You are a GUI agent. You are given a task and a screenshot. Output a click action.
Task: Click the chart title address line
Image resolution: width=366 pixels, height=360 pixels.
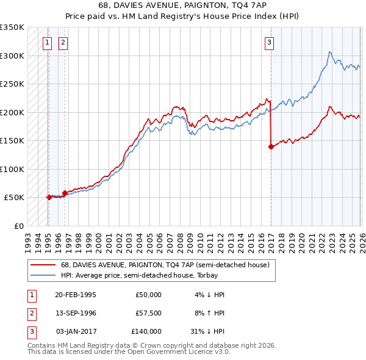[182, 5]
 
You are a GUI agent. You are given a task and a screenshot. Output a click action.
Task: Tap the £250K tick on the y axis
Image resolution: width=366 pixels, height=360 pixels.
[12, 84]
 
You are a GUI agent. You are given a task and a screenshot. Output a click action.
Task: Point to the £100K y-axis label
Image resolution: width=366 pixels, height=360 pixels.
[12, 169]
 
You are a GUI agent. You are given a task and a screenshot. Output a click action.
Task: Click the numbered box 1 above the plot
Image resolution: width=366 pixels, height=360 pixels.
[48, 42]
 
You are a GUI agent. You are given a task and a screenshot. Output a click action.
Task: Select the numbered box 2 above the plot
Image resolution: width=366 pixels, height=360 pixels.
[63, 42]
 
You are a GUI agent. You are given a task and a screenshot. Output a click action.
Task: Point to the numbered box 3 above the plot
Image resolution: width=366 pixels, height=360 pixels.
[270, 42]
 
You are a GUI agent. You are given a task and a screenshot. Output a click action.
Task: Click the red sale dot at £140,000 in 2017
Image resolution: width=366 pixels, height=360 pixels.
[270, 146]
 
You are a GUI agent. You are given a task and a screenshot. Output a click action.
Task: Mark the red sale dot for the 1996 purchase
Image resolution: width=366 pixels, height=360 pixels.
[65, 193]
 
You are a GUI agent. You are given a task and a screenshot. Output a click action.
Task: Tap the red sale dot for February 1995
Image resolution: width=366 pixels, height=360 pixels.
[49, 197]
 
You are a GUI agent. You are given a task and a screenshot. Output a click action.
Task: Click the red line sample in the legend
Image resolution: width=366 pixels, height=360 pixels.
[43, 265]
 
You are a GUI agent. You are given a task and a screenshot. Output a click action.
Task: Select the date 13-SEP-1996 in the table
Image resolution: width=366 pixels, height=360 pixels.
[75, 312]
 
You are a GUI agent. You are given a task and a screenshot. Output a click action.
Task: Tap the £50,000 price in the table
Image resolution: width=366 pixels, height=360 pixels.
[148, 294]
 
